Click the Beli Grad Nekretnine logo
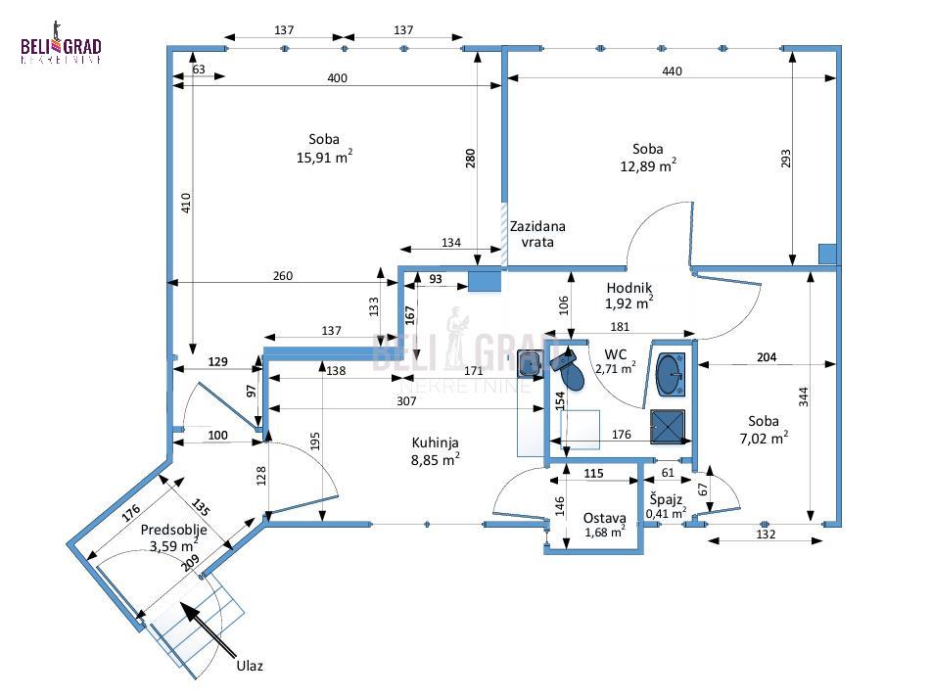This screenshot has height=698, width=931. pos(61,49)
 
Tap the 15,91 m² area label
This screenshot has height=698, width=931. pos(324,157)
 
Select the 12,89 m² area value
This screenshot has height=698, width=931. pos(647,166)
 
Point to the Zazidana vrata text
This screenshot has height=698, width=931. pos(537,233)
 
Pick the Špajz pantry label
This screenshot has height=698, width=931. pos(666,498)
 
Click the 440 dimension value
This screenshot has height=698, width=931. pos(672,70)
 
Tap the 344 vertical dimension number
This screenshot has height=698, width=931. pos(803,396)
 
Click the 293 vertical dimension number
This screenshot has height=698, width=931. pos(784,159)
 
